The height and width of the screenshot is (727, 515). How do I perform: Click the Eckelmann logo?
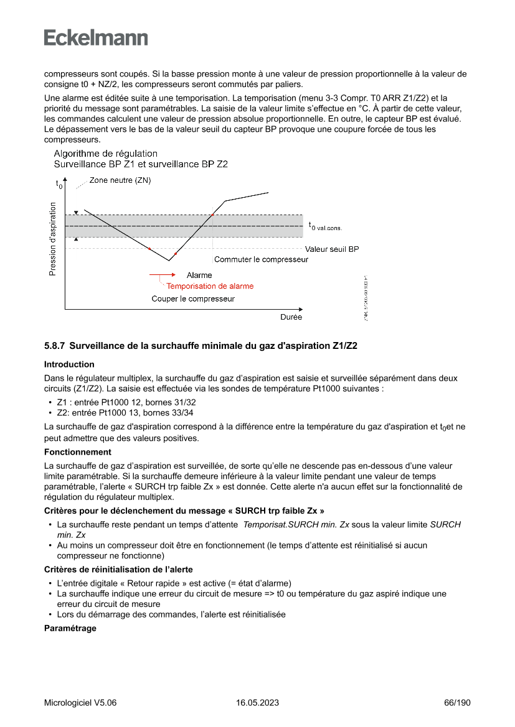coord(96,37)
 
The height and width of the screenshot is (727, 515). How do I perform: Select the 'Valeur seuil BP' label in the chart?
coord(331,249)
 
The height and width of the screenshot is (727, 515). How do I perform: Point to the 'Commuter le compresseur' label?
coord(261,259)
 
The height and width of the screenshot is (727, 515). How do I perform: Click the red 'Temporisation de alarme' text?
coord(210,286)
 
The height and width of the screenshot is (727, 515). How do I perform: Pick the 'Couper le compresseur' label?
coord(193,299)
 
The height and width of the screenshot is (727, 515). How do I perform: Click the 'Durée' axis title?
coord(291,317)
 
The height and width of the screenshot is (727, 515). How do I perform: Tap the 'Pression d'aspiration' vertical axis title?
coord(52,239)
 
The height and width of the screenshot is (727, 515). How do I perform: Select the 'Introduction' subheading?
coord(69,364)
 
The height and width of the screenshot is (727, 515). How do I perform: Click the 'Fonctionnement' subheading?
coord(78,452)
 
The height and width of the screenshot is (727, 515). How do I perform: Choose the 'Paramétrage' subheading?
coord(70,628)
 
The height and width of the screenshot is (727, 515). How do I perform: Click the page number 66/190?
coord(457,703)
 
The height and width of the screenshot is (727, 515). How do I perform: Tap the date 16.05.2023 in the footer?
coord(257,703)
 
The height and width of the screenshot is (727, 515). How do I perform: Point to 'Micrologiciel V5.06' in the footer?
coord(80,703)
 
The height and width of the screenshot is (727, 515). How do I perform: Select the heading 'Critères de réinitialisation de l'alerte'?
coord(118,569)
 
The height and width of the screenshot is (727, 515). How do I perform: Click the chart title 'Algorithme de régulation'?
coord(105,154)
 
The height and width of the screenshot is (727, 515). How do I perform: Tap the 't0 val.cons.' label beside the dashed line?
coord(325,226)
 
